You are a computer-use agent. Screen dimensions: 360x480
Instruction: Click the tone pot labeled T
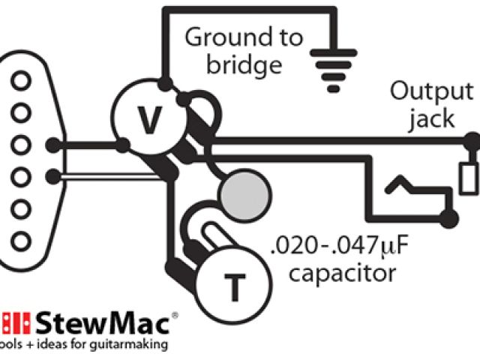pos(234,283)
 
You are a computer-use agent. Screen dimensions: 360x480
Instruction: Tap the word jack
pos(432,120)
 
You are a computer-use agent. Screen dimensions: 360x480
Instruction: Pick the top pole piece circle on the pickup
pos(22,79)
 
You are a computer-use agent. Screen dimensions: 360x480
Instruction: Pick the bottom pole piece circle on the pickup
pos(22,241)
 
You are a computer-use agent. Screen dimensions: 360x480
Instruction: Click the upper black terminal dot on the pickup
pos(52,144)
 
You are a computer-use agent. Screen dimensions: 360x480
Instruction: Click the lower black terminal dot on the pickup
pos(52,177)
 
